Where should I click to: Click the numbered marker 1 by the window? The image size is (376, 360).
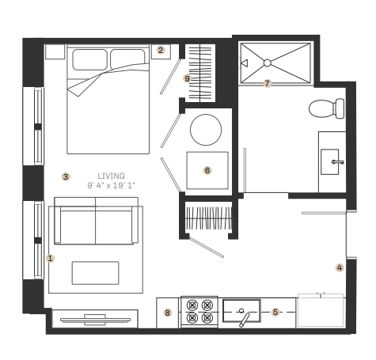pos(51,257)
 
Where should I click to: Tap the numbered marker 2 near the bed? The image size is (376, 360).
pos(161,50)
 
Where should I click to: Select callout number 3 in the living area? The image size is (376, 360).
pos(66,176)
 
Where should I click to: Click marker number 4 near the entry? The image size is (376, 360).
pos(340,267)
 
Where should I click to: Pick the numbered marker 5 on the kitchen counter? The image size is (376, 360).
pos(275,312)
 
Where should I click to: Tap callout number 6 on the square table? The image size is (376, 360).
pos(207,169)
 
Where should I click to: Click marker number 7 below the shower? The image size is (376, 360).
pos(268,82)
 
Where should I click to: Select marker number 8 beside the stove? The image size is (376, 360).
pos(167,313)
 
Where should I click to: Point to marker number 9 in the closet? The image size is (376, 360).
pos(188,78)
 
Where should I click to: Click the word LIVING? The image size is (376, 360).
pos(111,176)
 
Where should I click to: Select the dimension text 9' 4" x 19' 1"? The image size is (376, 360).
pos(111,185)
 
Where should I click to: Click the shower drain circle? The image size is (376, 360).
pos(268,63)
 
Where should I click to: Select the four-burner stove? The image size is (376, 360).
pos(199,311)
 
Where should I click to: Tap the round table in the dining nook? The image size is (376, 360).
pos(207,129)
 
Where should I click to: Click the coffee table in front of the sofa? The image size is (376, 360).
pos(95,273)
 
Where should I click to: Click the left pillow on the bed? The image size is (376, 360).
pos(90,59)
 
